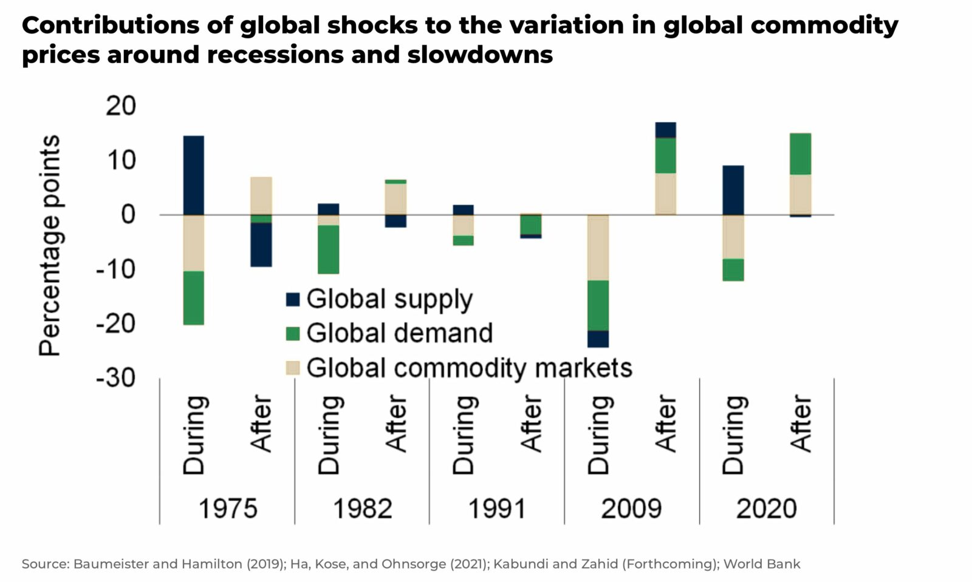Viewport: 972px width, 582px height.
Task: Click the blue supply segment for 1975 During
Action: click(x=194, y=175)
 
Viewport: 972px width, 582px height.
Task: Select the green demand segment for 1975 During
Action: click(x=194, y=297)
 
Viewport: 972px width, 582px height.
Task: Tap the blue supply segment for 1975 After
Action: click(x=261, y=245)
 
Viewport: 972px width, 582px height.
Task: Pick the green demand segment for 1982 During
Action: click(x=329, y=249)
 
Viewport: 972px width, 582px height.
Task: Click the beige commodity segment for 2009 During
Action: click(x=598, y=248)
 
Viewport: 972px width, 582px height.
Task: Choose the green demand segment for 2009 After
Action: click(x=665, y=155)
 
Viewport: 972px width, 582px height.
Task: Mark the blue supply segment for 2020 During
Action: click(x=733, y=190)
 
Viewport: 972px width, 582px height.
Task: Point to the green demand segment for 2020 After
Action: click(x=800, y=154)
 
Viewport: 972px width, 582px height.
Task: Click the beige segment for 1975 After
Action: click(x=261, y=195)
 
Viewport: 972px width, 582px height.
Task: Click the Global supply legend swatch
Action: click(x=293, y=299)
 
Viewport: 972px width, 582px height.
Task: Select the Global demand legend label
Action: click(x=399, y=333)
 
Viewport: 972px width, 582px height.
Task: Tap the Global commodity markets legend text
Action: click(x=469, y=368)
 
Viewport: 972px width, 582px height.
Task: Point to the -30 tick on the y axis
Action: click(x=115, y=377)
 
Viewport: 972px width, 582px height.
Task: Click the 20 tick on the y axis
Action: click(x=120, y=106)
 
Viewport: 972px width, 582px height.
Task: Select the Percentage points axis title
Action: click(x=50, y=245)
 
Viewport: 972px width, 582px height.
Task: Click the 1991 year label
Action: click(x=496, y=509)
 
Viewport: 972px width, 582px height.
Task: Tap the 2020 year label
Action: click(x=766, y=509)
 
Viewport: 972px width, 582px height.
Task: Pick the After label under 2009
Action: click(x=666, y=424)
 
